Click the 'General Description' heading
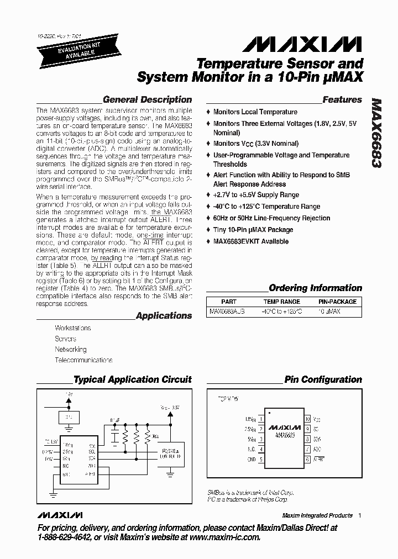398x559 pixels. coord(147,100)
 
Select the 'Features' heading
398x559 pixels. coord(342,100)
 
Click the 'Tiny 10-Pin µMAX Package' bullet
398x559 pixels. coord(253,230)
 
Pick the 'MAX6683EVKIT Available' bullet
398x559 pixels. coord(250,241)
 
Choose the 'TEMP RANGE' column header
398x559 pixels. coord(282,302)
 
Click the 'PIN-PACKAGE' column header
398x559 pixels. coord(337,302)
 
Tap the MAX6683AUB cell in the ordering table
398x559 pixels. coord(227,312)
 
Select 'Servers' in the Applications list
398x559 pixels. coord(65,339)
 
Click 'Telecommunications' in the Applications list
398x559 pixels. coord(83,360)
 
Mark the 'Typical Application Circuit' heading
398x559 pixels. coord(132,379)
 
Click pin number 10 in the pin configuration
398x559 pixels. coord(308,419)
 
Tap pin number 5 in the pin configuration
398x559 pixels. coord(261,459)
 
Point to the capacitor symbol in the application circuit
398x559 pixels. coord(114,437)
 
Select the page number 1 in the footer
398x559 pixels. coord(360,515)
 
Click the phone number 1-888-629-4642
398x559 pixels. coord(65,537)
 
